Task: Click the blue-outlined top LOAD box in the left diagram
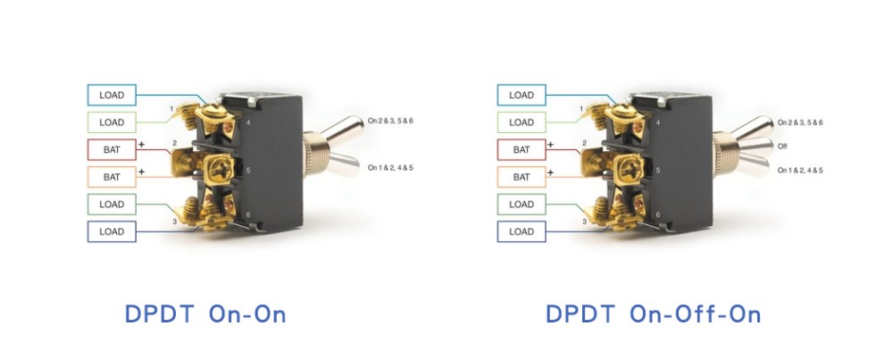112,95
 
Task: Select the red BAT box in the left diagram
112,149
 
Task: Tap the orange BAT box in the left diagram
112,177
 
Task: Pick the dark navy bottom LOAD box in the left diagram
112,231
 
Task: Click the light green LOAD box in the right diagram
521,122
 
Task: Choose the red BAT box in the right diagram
521,149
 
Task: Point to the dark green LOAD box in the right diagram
521,205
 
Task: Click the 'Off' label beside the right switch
782,146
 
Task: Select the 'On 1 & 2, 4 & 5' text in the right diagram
800,170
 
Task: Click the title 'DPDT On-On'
205,314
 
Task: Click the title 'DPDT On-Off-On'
653,314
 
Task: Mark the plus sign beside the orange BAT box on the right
550,170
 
